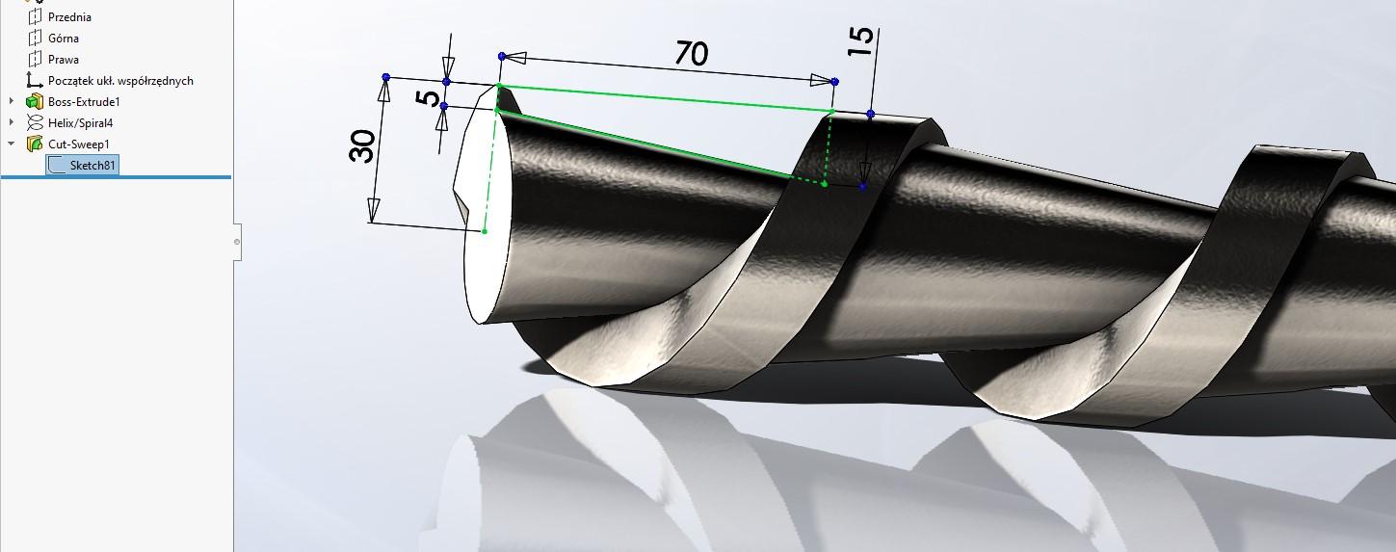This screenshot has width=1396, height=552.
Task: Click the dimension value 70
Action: tap(691, 53)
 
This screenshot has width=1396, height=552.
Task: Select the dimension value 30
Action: tap(363, 147)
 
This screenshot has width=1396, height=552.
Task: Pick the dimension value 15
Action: tap(862, 41)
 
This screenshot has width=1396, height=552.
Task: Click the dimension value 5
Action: tap(430, 97)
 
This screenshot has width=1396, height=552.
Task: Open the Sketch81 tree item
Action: tap(92, 166)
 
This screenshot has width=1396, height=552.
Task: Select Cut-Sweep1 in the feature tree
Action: tap(79, 145)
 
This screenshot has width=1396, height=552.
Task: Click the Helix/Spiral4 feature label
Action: tap(81, 123)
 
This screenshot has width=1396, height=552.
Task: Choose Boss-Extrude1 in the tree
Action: tap(84, 102)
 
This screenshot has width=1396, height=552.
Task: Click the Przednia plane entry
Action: tap(69, 17)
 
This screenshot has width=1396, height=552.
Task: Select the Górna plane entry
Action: tap(64, 39)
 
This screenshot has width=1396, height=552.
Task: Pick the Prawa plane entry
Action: tap(64, 60)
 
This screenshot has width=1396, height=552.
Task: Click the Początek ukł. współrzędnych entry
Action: tap(120, 81)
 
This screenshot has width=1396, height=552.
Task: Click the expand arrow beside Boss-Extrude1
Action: tap(12, 102)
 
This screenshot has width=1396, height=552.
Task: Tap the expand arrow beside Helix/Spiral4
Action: tap(12, 123)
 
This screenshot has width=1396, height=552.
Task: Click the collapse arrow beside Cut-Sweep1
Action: tap(12, 145)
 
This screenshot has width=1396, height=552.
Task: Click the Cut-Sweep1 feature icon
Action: tap(35, 145)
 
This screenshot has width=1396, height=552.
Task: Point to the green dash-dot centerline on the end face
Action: tap(490, 164)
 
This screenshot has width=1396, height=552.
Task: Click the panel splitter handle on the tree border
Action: tap(237, 242)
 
